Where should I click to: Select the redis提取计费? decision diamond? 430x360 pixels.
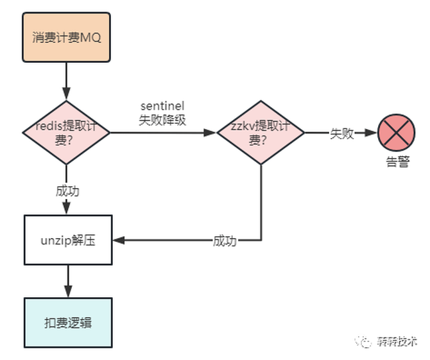(67, 133)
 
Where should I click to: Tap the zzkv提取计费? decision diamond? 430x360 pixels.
(260, 133)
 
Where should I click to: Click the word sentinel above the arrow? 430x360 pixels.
(162, 106)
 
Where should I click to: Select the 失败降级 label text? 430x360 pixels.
(162, 119)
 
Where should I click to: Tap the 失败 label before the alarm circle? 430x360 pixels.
(341, 133)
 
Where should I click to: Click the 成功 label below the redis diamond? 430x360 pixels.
(67, 191)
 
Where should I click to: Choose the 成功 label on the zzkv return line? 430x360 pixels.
(225, 241)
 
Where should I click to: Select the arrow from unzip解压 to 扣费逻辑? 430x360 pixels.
(67, 281)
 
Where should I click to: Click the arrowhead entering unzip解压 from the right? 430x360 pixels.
(117, 241)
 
